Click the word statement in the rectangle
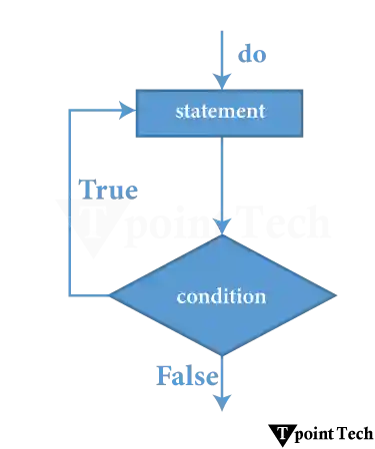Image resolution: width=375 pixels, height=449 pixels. pyautogui.click(x=220, y=111)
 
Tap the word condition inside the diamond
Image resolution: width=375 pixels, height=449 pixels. pyautogui.click(x=221, y=296)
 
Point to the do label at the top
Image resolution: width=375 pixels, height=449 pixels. pyautogui.click(x=245, y=54)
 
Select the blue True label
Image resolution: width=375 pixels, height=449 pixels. pyautogui.click(x=111, y=190)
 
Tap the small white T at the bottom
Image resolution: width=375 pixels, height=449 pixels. pyautogui.click(x=282, y=433)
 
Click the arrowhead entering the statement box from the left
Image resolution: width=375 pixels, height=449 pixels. pyautogui.click(x=124, y=111)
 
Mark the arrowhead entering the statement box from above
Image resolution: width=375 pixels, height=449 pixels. pyautogui.click(x=221, y=81)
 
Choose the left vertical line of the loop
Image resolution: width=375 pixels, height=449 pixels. pyautogui.click(x=68, y=200)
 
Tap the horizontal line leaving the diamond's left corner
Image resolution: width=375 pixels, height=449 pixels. pyautogui.click(x=90, y=295)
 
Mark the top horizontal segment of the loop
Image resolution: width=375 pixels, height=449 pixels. pyautogui.click(x=95, y=111)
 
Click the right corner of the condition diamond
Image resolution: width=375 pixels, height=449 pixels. pyautogui.click(x=333, y=295)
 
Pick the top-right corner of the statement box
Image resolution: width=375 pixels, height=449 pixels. pyautogui.click(x=302, y=90)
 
